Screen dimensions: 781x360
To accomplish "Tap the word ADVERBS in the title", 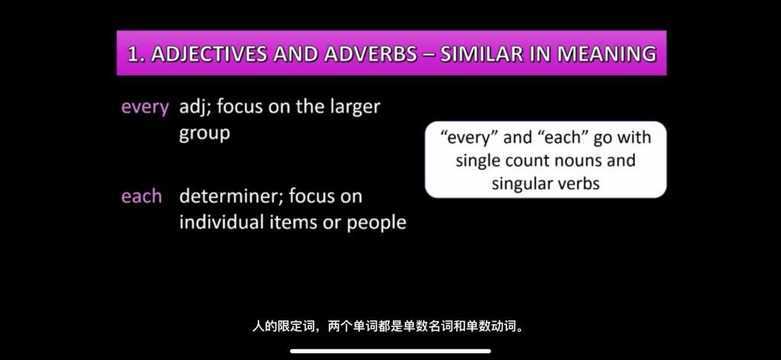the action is click(x=371, y=54).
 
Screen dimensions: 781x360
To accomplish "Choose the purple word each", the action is click(x=141, y=196).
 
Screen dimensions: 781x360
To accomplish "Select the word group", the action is click(x=204, y=134).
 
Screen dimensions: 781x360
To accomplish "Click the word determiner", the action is click(x=231, y=196).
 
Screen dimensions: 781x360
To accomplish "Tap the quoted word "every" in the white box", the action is click(x=469, y=138).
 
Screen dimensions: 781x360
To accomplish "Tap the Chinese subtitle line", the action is click(x=390, y=327).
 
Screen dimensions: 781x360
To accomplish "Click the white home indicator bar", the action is click(x=390, y=351).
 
